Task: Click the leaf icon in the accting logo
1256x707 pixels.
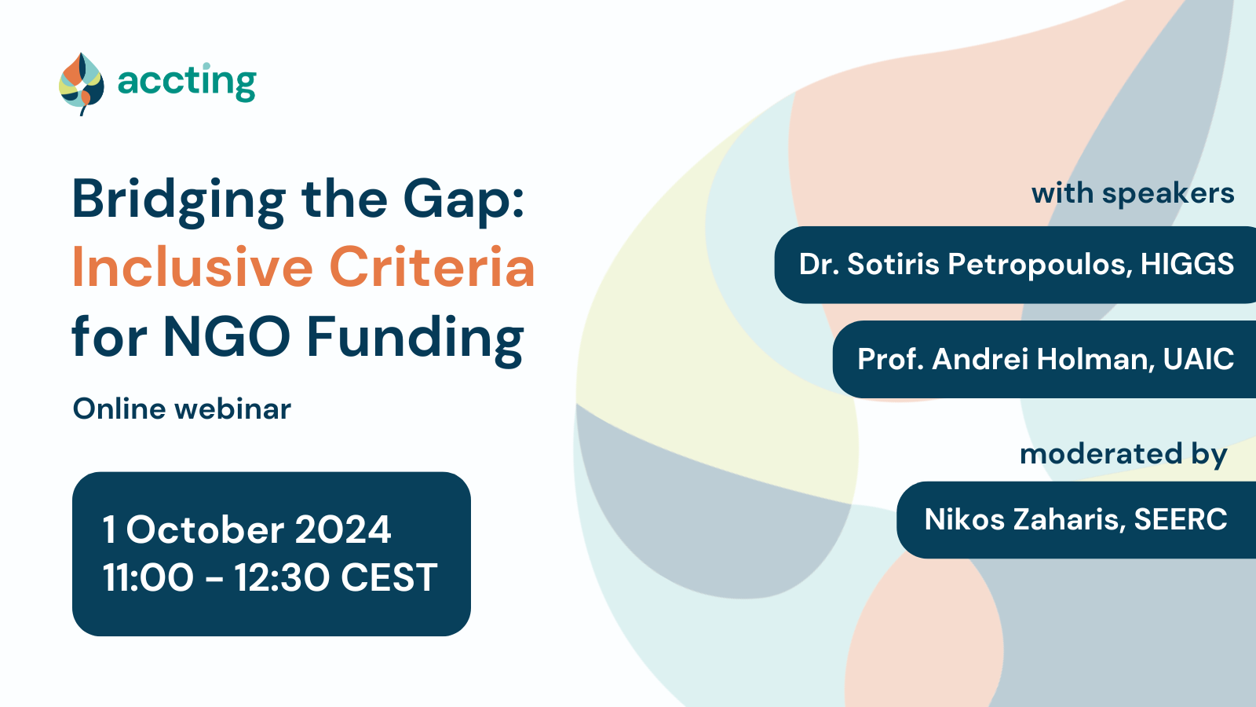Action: click(x=82, y=82)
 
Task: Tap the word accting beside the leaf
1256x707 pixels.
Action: click(x=187, y=82)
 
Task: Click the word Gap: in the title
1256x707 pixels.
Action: click(x=463, y=200)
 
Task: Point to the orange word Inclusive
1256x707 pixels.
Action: click(x=192, y=268)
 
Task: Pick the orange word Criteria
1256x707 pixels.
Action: click(x=432, y=268)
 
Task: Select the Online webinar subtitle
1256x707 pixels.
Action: click(x=182, y=408)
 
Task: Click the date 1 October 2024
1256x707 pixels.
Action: click(x=246, y=529)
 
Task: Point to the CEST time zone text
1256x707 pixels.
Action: click(x=389, y=578)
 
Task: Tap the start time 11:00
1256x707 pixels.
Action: click(x=148, y=578)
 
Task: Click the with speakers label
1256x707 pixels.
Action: click(x=1133, y=193)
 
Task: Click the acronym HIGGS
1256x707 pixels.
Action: click(x=1187, y=265)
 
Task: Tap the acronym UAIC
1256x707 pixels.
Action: click(x=1198, y=359)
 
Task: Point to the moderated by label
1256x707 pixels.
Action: click(x=1123, y=454)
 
